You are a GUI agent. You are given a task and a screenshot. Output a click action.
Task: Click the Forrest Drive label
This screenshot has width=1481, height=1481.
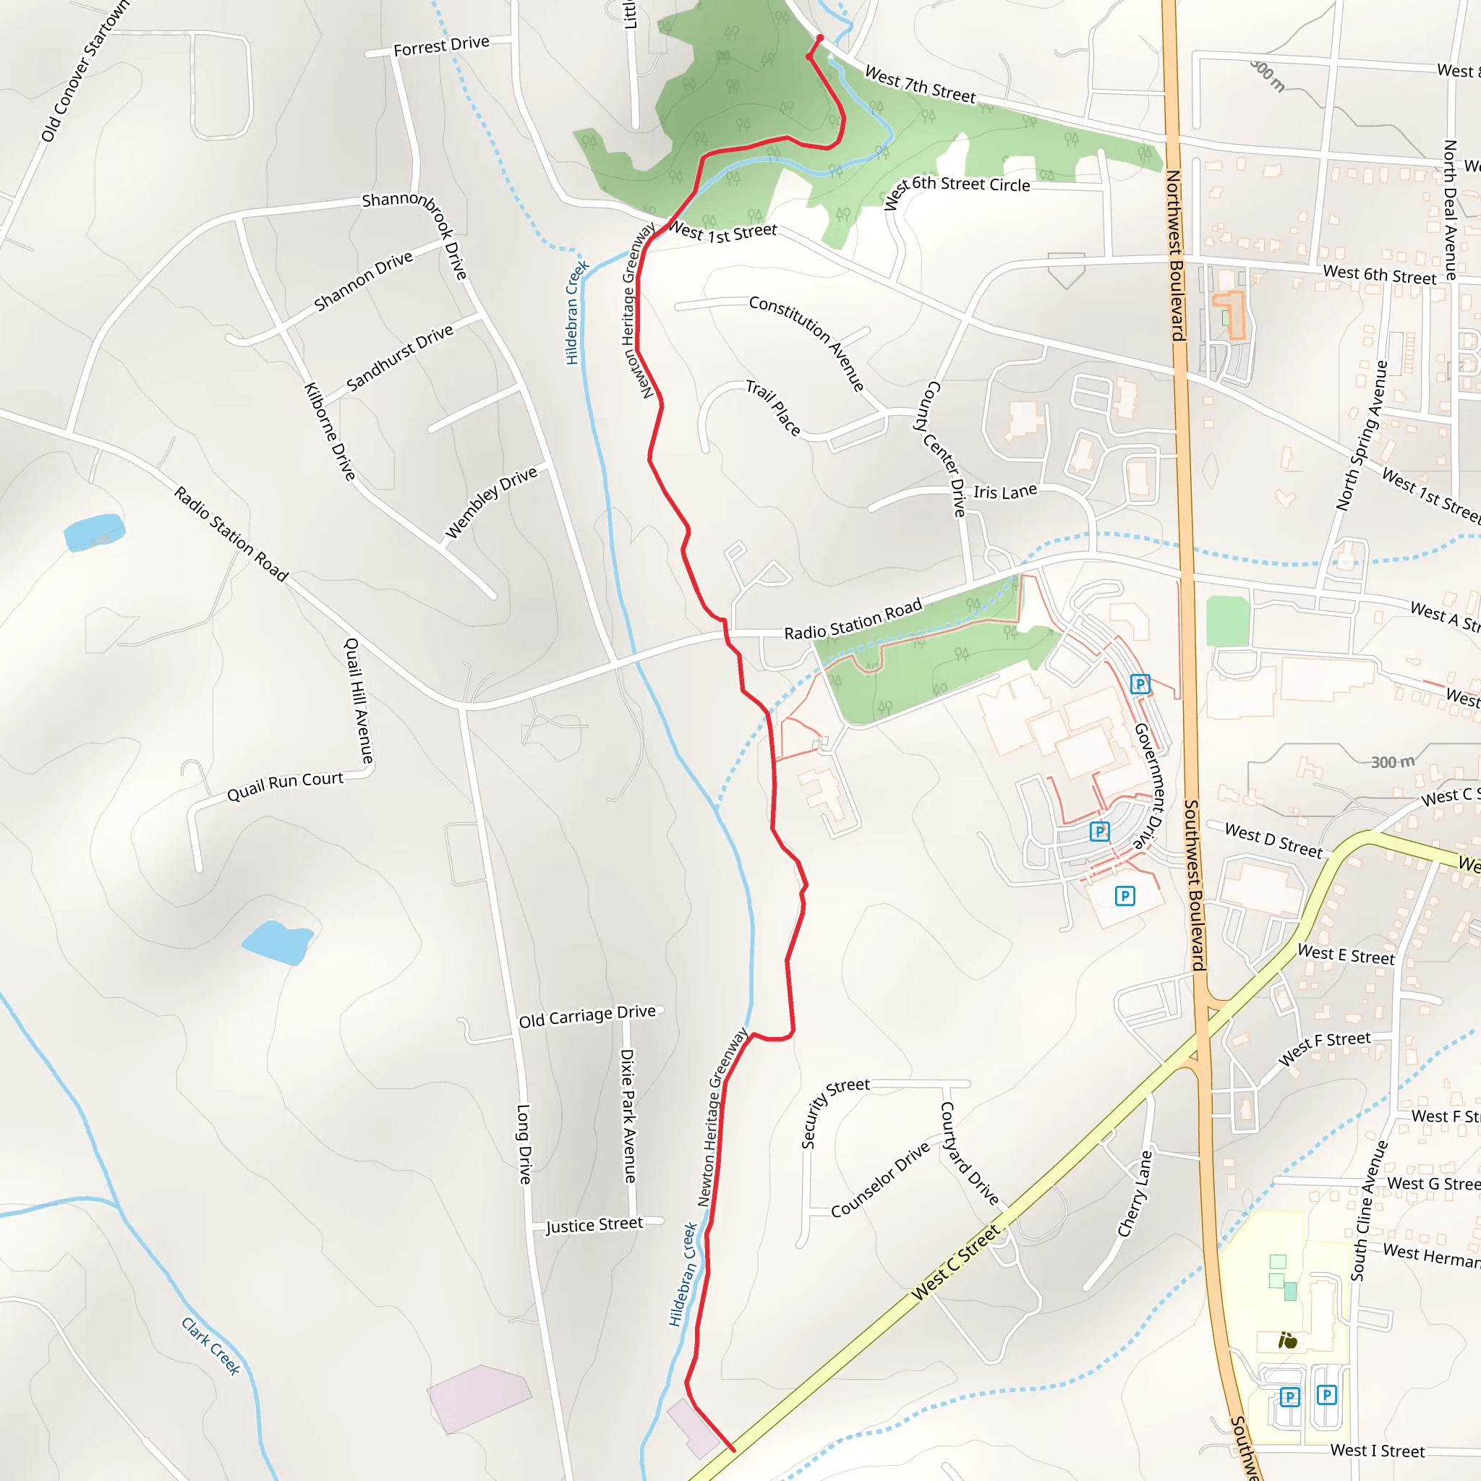pyautogui.click(x=441, y=46)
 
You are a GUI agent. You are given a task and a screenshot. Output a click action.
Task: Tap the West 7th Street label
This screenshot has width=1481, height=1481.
pyautogui.click(x=920, y=85)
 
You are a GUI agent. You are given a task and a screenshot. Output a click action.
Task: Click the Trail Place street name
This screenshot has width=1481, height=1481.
pyautogui.click(x=774, y=408)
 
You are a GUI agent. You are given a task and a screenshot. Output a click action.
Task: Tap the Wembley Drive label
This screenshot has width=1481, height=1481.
pyautogui.click(x=491, y=502)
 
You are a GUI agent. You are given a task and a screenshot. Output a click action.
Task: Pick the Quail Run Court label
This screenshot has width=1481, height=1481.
pyautogui.click(x=285, y=786)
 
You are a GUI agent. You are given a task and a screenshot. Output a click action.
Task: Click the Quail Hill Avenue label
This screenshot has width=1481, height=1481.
pyautogui.click(x=359, y=701)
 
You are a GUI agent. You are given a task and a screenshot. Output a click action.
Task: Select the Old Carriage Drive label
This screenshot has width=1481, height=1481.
pyautogui.click(x=587, y=1016)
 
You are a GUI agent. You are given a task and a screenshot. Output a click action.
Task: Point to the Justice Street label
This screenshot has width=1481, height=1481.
pyautogui.click(x=594, y=1225)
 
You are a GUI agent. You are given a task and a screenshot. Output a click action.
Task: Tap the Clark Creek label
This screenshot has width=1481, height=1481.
pyautogui.click(x=211, y=1346)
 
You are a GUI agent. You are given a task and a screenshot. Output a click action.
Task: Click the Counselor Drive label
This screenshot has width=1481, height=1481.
pyautogui.click(x=880, y=1179)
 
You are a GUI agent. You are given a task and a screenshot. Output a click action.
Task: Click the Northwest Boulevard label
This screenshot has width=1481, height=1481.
pyautogui.click(x=1175, y=255)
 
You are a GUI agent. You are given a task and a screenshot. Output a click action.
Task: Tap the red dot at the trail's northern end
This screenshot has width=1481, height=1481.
pyautogui.click(x=819, y=38)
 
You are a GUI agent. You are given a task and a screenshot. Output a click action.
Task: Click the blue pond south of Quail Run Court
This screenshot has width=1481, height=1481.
pyautogui.click(x=278, y=942)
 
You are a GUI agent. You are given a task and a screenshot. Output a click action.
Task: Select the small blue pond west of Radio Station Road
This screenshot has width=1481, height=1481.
pyautogui.click(x=93, y=532)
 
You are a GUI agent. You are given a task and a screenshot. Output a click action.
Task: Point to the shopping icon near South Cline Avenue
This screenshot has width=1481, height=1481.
pyautogui.click(x=1288, y=1341)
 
